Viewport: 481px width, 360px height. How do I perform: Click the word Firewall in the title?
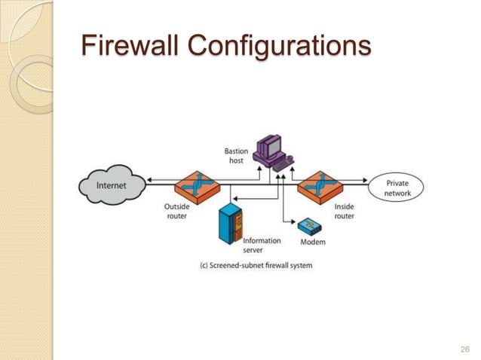[130, 46]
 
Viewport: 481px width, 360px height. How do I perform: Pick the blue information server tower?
[229, 224]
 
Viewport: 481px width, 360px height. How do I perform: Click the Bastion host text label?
[236, 157]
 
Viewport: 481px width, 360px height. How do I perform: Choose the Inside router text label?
[344, 211]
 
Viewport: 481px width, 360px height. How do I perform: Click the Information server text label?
[262, 246]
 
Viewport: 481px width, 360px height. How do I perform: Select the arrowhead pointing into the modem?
[295, 222]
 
